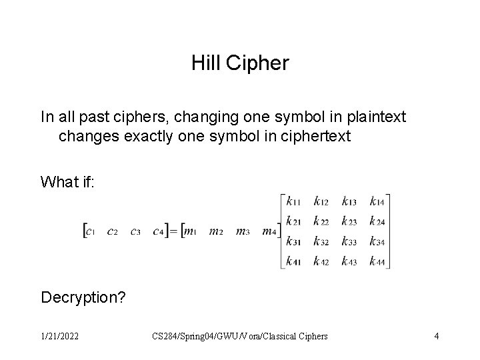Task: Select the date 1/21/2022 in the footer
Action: coord(59,336)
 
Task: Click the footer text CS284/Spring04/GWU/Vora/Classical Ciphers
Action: coord(240,336)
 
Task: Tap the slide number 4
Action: coord(436,336)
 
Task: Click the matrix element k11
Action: coord(294,200)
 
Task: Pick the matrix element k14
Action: coord(377,200)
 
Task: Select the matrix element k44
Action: coord(377,261)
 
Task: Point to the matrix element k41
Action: coord(294,261)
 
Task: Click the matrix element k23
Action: coord(350,220)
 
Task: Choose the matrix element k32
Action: coord(322,241)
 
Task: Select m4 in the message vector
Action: coord(269,232)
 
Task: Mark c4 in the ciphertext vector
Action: coord(158,232)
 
